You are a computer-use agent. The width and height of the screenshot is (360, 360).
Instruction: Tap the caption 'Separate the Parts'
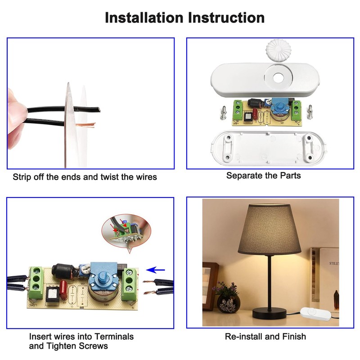click(x=263, y=175)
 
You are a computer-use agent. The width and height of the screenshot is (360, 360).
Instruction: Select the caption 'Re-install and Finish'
click(x=265, y=336)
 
